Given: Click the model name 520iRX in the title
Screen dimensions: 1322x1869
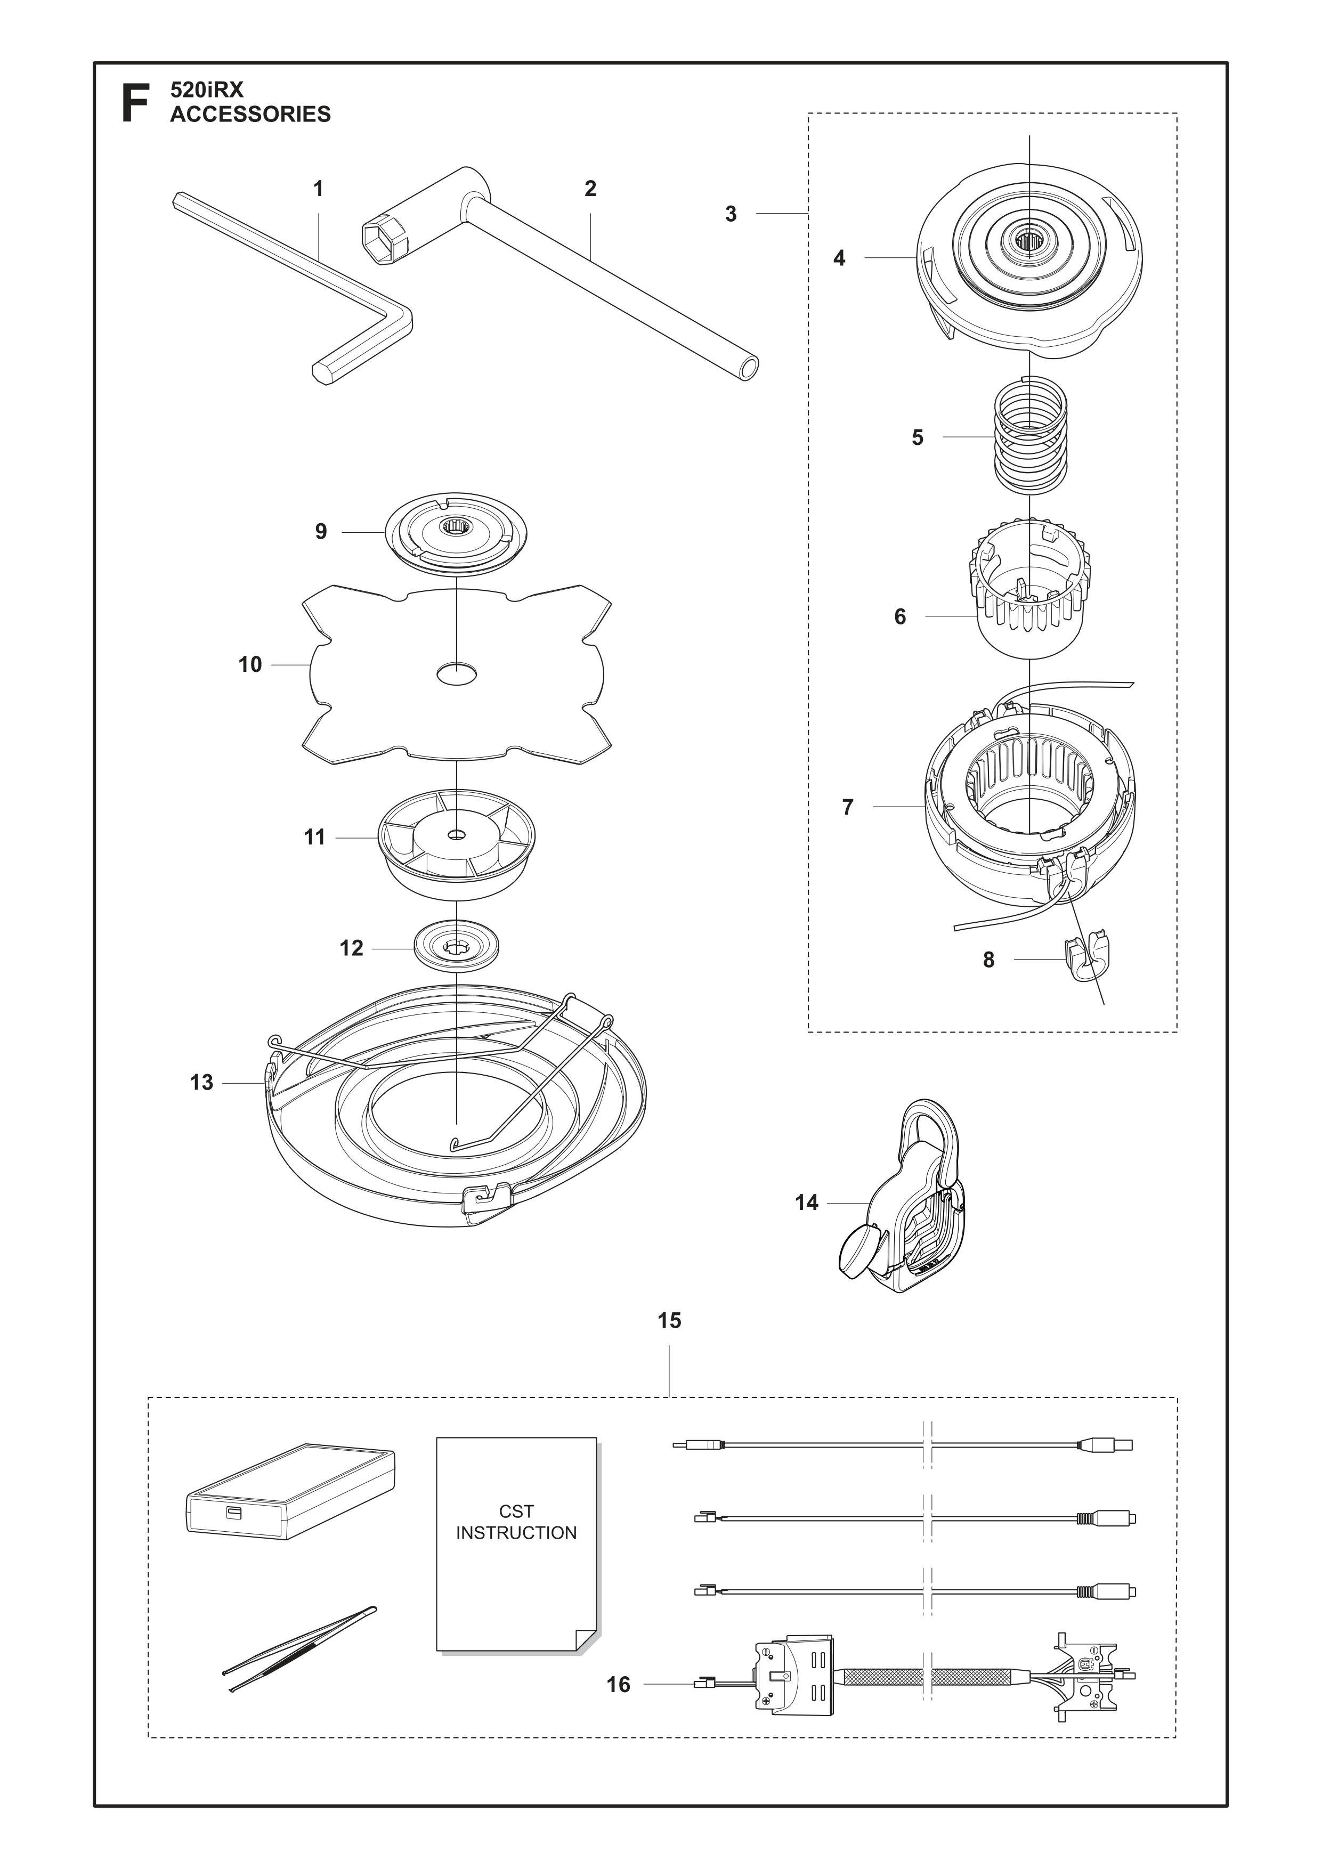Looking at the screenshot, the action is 207,90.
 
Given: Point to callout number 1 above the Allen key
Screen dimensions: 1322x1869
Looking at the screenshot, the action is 318,189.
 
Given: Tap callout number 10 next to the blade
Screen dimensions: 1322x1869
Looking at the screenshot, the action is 250,665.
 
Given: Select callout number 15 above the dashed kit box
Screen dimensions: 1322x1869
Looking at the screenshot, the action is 669,1320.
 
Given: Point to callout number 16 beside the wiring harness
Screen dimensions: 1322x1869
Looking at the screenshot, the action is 619,1684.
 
